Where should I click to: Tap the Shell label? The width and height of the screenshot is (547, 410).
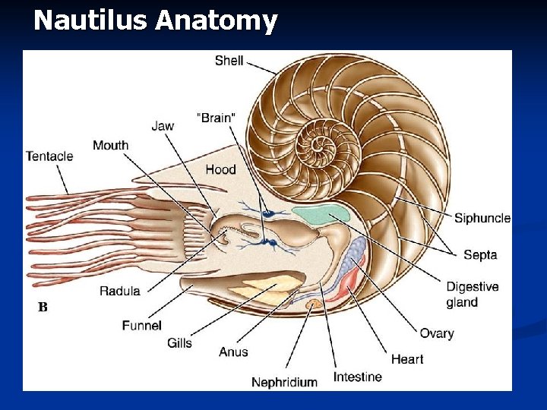tap(229, 60)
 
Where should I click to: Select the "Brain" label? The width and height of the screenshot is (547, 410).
tap(217, 118)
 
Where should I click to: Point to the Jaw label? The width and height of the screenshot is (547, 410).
tap(163, 126)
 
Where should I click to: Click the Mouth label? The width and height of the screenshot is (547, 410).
tap(111, 145)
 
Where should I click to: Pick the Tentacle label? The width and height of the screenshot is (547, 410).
tap(49, 156)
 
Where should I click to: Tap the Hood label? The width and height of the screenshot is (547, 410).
tap(220, 169)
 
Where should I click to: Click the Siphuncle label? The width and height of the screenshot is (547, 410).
tap(482, 219)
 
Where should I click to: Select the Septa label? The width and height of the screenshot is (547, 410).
tap(480, 255)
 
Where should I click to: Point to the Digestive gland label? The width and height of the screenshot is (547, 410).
tap(472, 295)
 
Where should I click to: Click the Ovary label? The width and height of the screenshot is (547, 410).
tap(437, 333)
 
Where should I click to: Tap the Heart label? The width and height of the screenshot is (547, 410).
tap(407, 359)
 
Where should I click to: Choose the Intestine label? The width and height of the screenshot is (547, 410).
tap(357, 377)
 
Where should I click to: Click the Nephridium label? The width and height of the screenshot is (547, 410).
tap(284, 382)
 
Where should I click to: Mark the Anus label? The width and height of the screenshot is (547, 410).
tap(233, 352)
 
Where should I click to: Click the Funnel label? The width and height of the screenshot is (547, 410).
tap(142, 326)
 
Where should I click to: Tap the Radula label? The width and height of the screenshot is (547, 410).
tap(119, 291)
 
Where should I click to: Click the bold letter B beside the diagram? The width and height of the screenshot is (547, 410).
tap(43, 307)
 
